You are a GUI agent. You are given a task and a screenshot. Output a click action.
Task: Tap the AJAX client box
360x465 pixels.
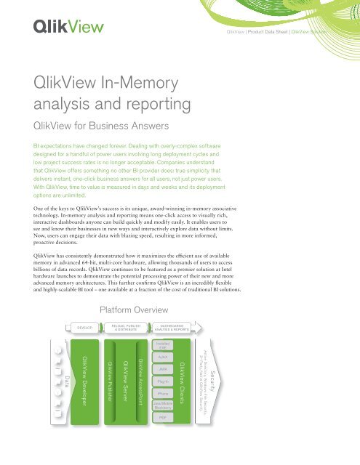[163, 357]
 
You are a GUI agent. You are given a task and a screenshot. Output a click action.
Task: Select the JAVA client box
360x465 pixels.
[163, 370]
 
